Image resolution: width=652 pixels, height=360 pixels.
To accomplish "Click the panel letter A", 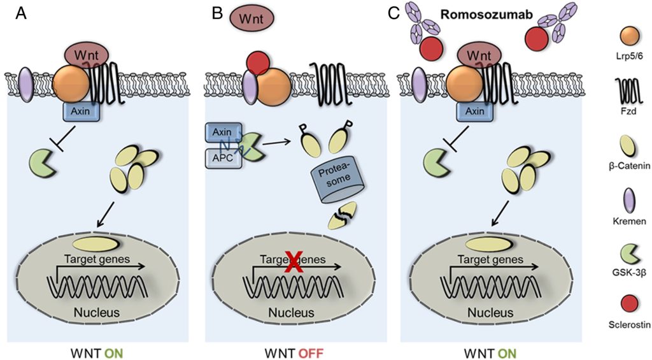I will [20, 13].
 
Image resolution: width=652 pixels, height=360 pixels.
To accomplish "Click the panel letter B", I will [217, 13].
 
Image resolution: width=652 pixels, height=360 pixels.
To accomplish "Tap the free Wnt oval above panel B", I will [253, 18].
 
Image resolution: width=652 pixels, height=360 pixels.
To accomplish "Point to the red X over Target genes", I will [293, 263].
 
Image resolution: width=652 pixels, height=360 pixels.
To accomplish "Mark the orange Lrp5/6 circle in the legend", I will [630, 36].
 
